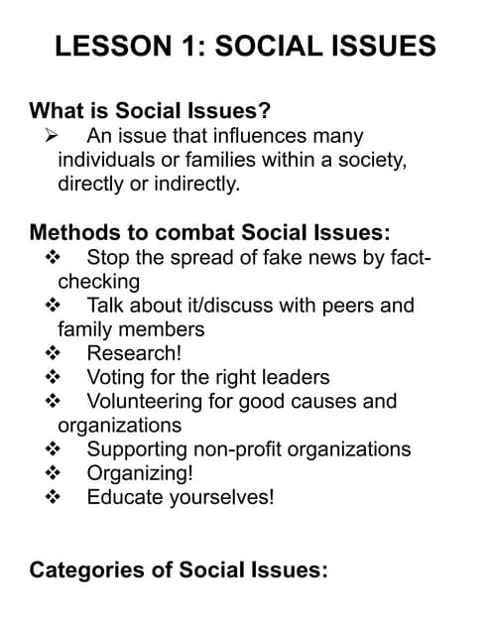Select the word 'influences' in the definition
(x=263, y=136)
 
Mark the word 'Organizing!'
(x=140, y=473)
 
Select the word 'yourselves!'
(x=219, y=497)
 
